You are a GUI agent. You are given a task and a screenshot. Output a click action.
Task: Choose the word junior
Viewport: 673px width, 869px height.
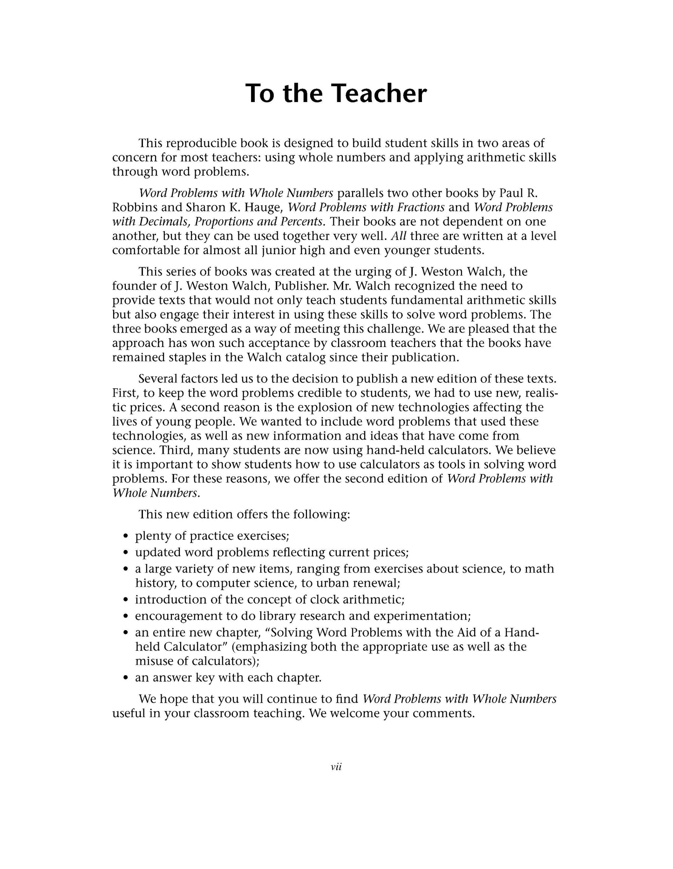(272, 250)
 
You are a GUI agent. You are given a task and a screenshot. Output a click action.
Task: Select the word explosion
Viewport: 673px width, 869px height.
(323, 407)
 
